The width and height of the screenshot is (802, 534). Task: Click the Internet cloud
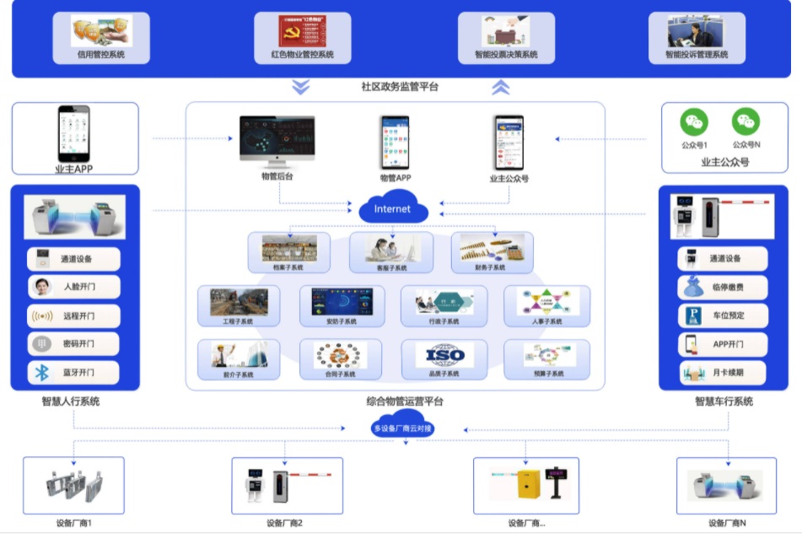click(393, 208)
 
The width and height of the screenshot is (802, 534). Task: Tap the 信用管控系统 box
click(101, 38)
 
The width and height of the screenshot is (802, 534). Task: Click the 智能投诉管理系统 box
click(697, 38)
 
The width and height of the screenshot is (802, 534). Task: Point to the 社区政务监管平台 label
click(400, 87)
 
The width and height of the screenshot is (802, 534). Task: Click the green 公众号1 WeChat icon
click(694, 122)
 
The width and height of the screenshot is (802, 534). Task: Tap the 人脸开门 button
click(73, 287)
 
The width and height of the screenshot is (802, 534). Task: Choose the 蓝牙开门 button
click(73, 372)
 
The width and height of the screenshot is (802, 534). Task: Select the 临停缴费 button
click(723, 287)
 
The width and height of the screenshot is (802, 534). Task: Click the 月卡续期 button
click(723, 372)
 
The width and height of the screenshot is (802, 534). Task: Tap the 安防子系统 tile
click(342, 305)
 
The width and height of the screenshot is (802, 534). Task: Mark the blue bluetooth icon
click(41, 372)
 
